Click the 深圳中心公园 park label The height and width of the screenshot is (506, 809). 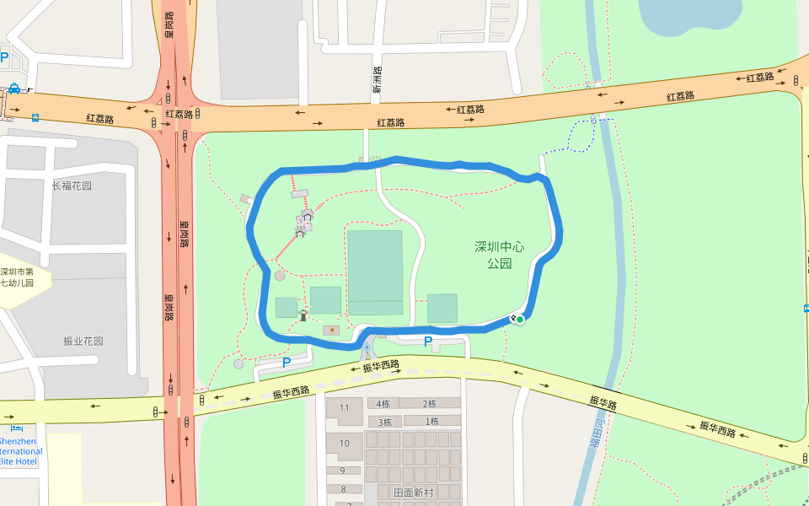[x=499, y=255]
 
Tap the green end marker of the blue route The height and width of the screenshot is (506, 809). [x=520, y=319]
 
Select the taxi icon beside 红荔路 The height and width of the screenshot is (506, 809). [x=15, y=89]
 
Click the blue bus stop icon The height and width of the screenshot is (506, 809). [x=35, y=117]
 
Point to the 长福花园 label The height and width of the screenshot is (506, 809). [x=71, y=186]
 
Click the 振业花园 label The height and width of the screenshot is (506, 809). [x=83, y=342]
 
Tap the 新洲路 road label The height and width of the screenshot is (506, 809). [x=377, y=80]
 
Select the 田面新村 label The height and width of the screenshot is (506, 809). [x=415, y=492]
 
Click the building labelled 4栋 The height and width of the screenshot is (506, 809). [x=383, y=404]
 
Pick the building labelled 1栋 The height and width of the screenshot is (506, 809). [x=431, y=422]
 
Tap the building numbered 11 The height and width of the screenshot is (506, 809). [x=344, y=409]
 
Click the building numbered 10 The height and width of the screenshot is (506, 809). [x=344, y=444]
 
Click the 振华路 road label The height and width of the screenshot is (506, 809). [x=603, y=404]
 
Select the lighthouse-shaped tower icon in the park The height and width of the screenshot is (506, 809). [x=303, y=315]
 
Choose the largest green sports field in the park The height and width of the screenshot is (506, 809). [x=375, y=272]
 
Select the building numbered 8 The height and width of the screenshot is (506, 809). [x=342, y=489]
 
